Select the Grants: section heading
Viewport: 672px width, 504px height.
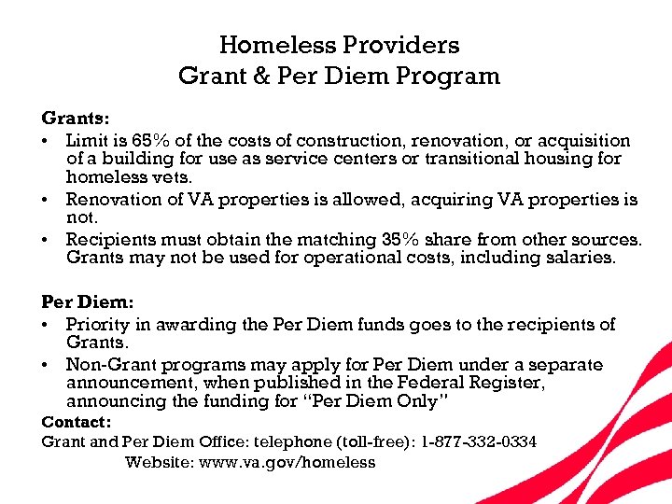click(x=76, y=119)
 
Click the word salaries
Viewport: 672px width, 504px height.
click(x=583, y=258)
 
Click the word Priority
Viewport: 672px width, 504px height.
click(x=99, y=325)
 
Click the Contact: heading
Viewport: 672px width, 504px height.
click(x=75, y=422)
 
